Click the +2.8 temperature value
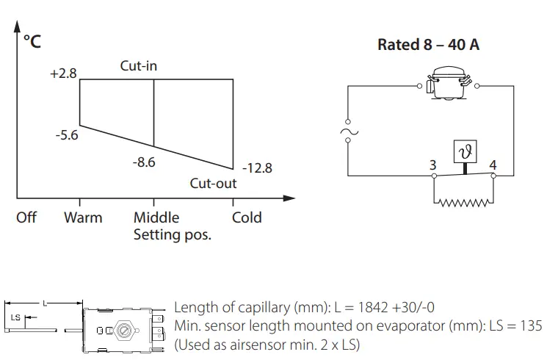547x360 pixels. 64,74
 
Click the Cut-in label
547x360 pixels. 139,66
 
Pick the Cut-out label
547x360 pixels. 213,184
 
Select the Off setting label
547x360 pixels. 26,217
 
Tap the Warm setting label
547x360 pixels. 83,217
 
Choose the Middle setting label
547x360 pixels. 156,217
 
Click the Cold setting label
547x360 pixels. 247,217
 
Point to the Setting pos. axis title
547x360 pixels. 172,236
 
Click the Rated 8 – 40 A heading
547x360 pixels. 429,45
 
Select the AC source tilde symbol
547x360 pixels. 347,134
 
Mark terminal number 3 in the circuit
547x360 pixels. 433,164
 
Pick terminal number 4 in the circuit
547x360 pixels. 493,164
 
